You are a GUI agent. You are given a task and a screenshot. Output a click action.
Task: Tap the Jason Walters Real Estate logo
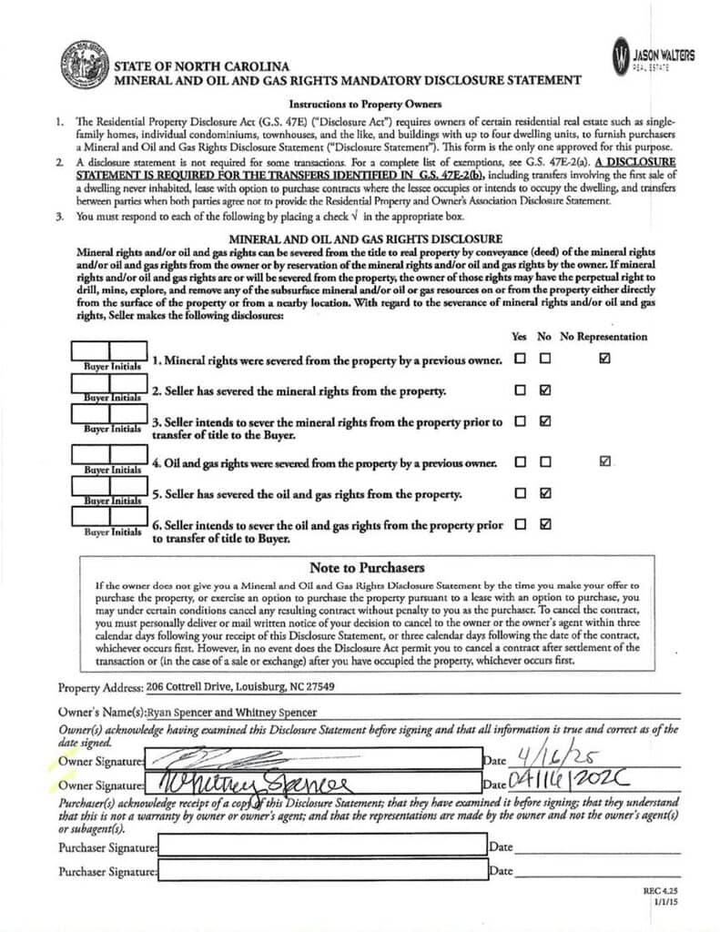(653, 56)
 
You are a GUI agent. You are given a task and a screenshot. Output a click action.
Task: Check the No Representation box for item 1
(605, 359)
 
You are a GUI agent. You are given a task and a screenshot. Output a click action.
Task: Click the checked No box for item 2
(545, 390)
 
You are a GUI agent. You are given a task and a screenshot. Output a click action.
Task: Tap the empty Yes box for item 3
(521, 421)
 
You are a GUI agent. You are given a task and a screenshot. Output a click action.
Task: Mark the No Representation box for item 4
(605, 461)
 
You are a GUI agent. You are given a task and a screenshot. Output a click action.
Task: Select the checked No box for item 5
(545, 493)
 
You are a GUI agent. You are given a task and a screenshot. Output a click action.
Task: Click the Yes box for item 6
(521, 524)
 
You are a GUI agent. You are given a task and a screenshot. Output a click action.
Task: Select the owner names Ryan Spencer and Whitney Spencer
(232, 713)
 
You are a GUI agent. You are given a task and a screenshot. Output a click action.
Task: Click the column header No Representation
(603, 337)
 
